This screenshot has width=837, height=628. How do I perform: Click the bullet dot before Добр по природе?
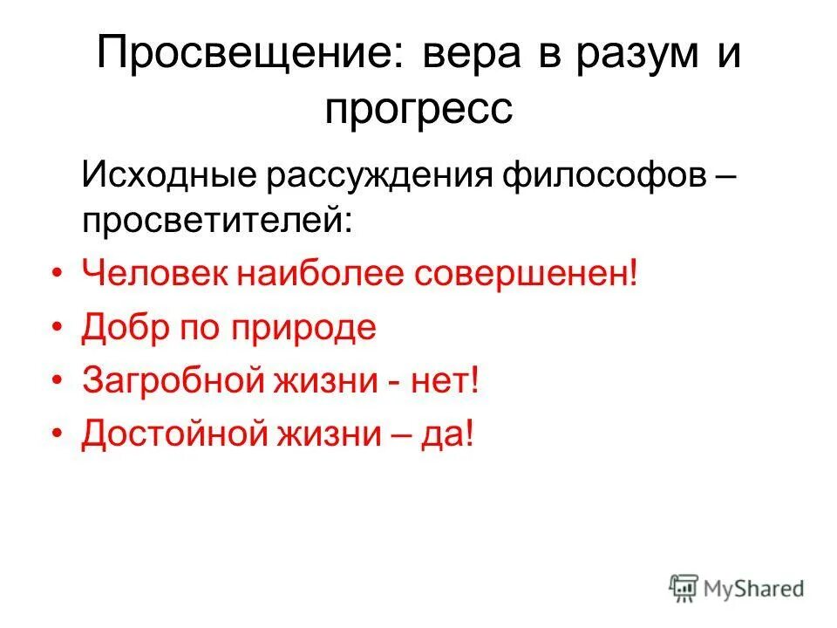(58, 328)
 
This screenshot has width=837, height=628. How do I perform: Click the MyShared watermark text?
(754, 589)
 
